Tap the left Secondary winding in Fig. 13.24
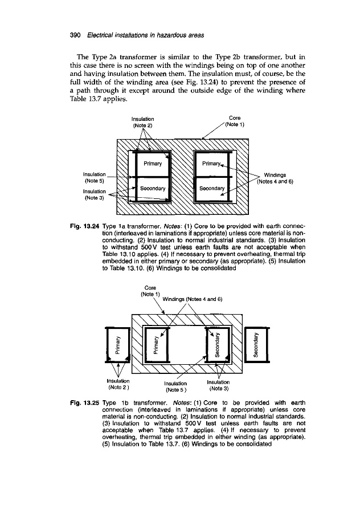pos(152,188)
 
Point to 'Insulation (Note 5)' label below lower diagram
pos(179,387)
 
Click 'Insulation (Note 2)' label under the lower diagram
pos(118,384)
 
